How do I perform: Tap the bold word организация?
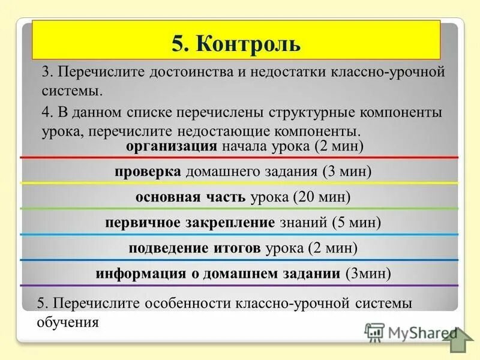point(171,146)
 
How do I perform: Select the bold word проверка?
point(148,172)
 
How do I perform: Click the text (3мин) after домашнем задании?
point(368,274)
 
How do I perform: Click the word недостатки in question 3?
point(287,72)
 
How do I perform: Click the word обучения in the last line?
point(67,322)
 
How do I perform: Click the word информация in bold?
point(134,274)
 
